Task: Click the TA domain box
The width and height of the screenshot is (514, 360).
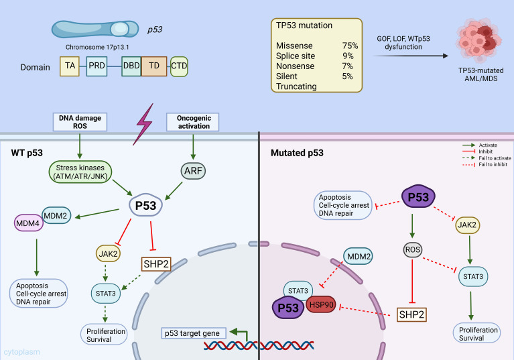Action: point(70,66)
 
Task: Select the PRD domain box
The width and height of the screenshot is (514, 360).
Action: point(97,66)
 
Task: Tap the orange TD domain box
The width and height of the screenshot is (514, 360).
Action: point(154,66)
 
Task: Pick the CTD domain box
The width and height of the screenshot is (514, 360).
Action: point(179,66)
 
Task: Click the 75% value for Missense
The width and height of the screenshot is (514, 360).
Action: point(350,46)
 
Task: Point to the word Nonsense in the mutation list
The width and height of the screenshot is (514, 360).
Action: point(295,66)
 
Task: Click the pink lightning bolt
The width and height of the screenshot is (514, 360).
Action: point(143,124)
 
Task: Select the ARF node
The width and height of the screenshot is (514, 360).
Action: point(193,171)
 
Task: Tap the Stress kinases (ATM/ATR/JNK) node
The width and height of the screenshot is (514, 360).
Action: point(80,172)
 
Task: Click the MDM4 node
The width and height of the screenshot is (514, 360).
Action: point(29,223)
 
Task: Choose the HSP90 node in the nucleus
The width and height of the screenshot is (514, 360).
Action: point(321,305)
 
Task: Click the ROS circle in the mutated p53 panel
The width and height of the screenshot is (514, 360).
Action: point(412,250)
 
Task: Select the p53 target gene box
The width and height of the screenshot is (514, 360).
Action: point(194,333)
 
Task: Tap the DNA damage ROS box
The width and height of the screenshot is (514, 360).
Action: point(80,122)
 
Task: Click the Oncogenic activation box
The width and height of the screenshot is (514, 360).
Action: point(193,122)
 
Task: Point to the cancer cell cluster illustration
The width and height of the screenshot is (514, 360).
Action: point(478,40)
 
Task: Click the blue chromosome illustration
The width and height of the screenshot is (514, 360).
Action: point(95,29)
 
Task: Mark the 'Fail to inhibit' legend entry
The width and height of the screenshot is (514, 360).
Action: point(485,165)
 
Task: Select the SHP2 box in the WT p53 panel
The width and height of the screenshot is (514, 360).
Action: point(156,263)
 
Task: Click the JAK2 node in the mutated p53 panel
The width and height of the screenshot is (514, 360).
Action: point(468,225)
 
